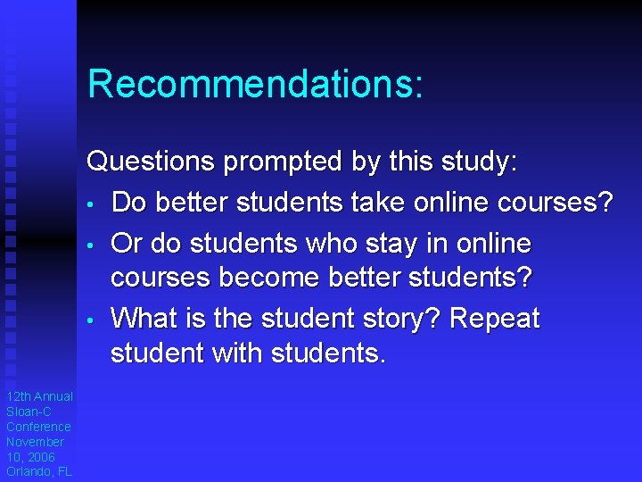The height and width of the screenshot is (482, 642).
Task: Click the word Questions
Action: click(150, 163)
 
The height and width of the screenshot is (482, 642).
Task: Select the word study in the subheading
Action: click(475, 163)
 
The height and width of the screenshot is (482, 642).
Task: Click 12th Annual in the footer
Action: click(39, 396)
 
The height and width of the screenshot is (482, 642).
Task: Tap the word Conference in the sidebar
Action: click(38, 427)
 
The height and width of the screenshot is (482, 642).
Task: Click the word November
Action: click(35, 442)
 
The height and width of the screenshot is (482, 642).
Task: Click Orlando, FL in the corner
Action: click(39, 471)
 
